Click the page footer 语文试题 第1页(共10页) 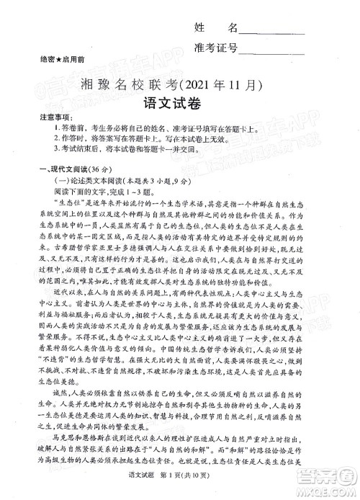click(181, 490)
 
